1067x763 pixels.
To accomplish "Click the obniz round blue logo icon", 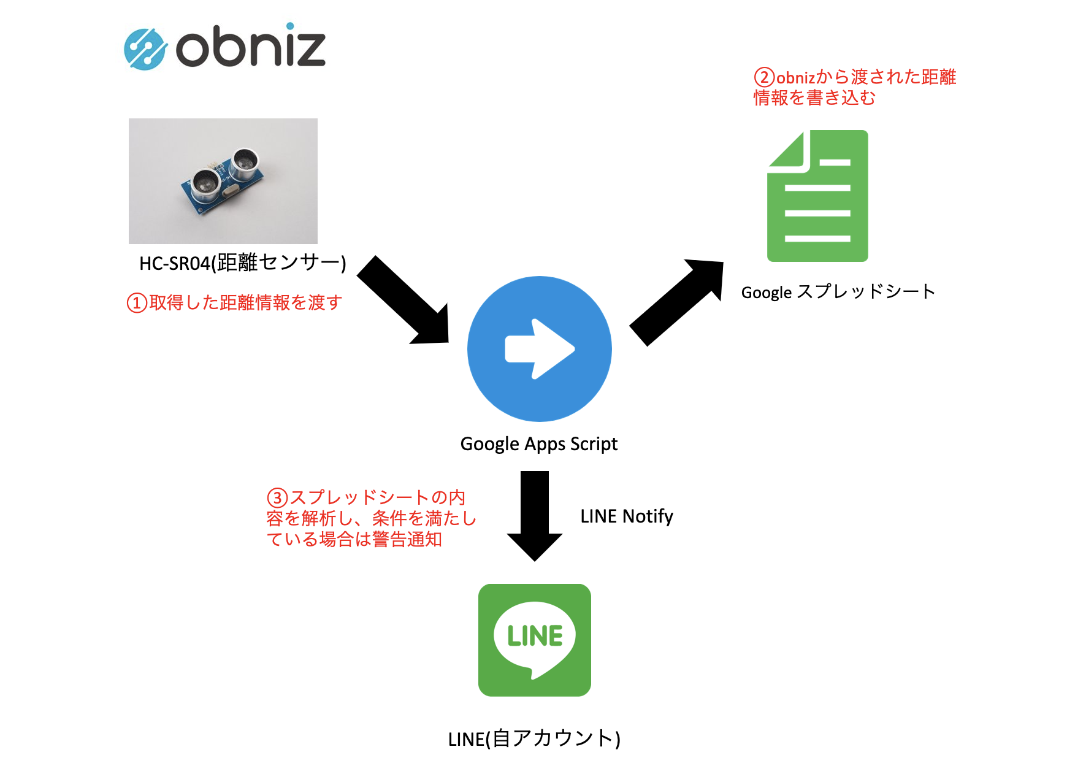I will click(145, 49).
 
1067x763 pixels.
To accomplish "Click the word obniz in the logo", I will click(250, 46).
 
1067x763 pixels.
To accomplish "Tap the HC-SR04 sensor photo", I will click(223, 181).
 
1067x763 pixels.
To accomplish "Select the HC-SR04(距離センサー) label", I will click(243, 263).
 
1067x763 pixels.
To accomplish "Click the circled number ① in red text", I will click(136, 303).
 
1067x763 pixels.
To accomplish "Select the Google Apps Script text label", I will click(538, 443).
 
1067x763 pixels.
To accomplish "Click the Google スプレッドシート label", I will click(838, 292).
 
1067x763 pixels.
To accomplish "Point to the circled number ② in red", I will click(764, 78).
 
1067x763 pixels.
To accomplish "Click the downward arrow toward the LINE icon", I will click(535, 515).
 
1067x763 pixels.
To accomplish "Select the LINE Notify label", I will click(626, 516).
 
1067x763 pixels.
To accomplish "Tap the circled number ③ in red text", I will click(277, 497).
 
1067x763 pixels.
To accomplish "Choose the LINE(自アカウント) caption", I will click(534, 738).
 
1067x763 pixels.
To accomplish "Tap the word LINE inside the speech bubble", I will click(535, 636).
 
